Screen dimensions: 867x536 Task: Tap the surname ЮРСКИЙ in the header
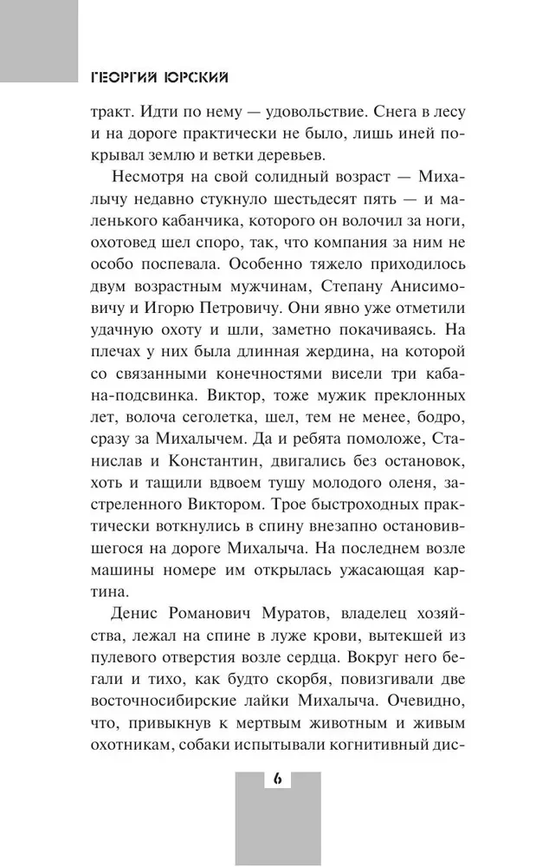(198, 76)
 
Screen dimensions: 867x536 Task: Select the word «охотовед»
(131, 246)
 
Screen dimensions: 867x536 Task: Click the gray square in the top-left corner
(39, 39)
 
